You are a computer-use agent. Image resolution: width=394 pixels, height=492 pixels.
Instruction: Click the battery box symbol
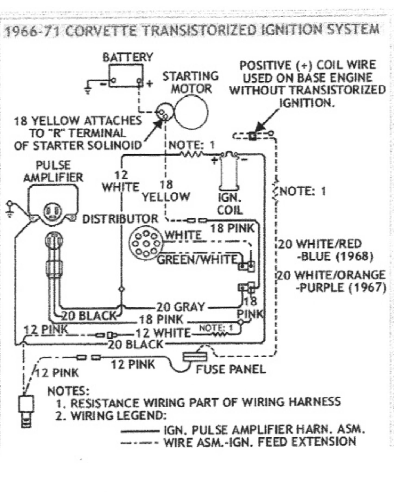126,76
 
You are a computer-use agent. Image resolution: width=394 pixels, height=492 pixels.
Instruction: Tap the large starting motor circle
191,112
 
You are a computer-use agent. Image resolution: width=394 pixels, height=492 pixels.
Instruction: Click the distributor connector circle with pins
146,244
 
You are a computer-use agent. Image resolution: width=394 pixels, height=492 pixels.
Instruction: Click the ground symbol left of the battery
88,89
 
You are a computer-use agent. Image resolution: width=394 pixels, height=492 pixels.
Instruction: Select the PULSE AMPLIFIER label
53,171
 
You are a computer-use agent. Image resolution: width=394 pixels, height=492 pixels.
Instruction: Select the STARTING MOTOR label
191,82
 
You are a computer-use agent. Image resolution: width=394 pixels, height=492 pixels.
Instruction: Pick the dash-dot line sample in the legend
139,443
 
